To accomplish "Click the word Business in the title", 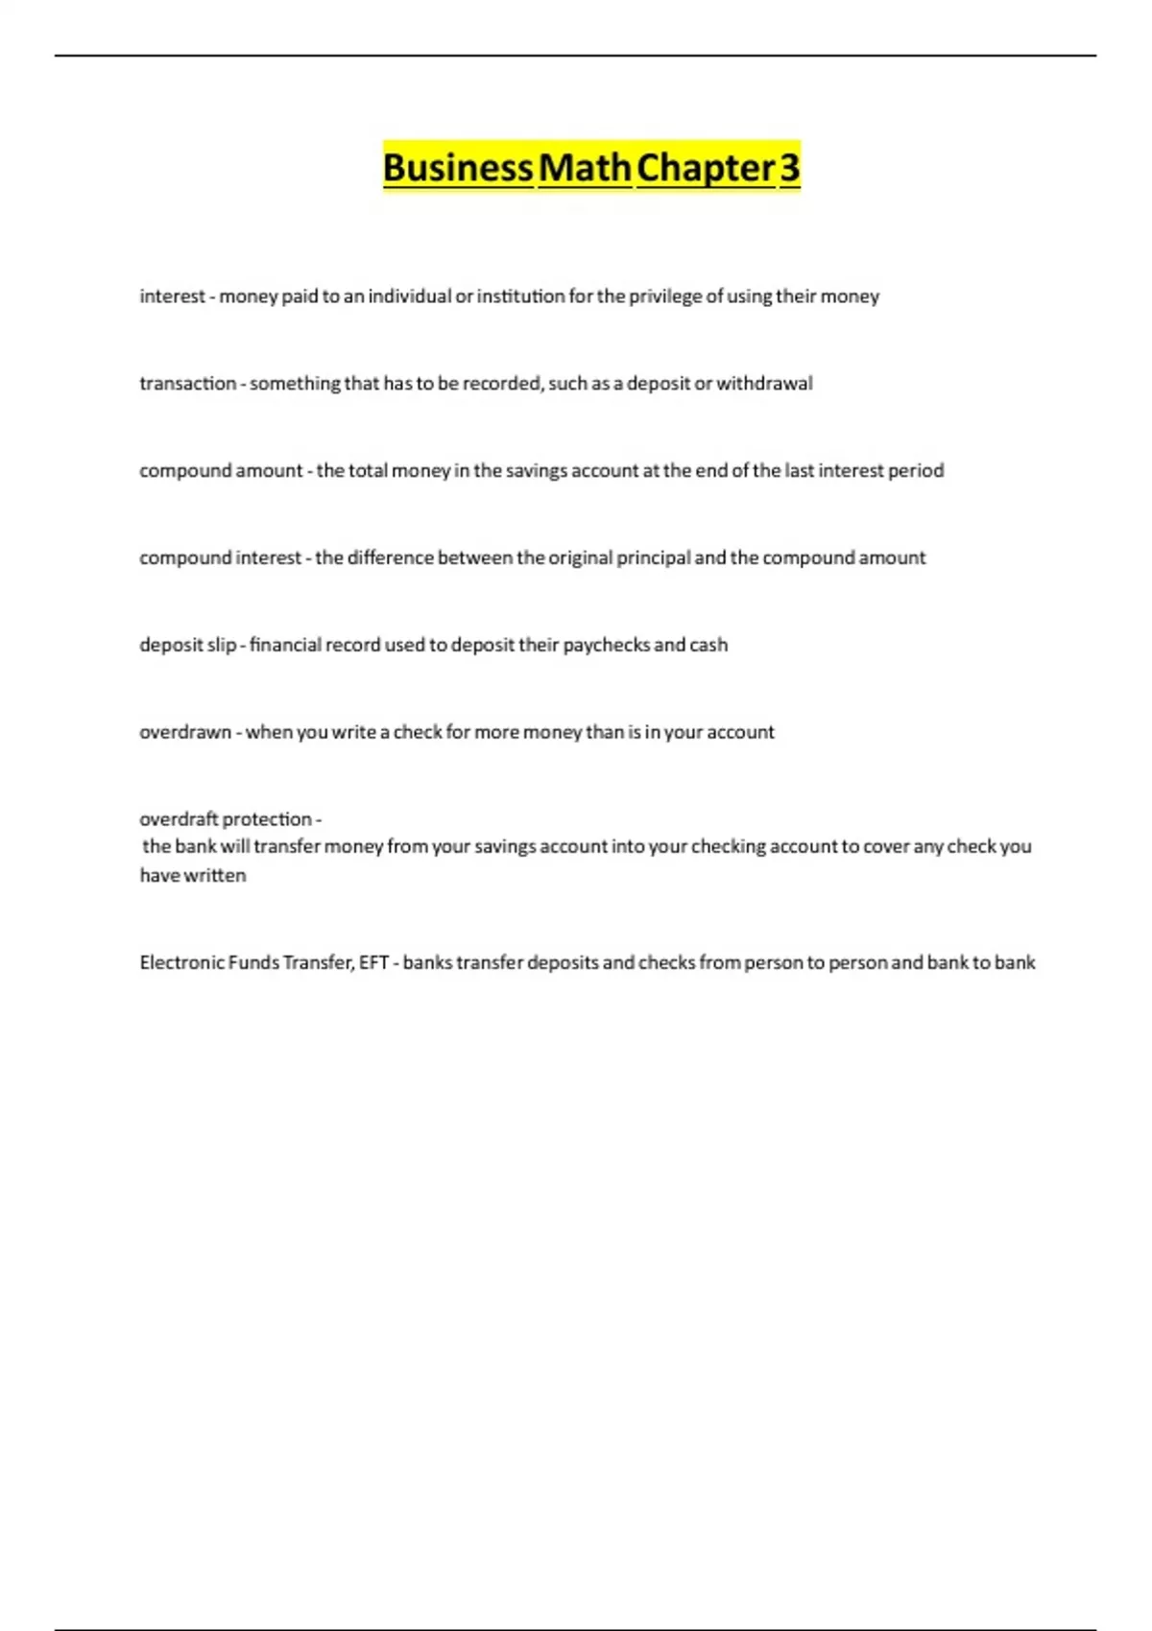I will coord(458,168).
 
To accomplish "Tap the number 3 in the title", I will coord(789,168).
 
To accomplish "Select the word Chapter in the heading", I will coord(705,168).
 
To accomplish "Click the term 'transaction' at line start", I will coord(187,384).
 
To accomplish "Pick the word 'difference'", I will coord(390,558).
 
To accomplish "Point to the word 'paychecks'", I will coord(607,646).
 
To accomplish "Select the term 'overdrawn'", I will coord(185,733).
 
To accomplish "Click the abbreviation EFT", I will coord(373,963).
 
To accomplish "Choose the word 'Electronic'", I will coord(181,963).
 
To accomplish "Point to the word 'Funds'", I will coord(253,963).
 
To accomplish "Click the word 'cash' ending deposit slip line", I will coord(708,646).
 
